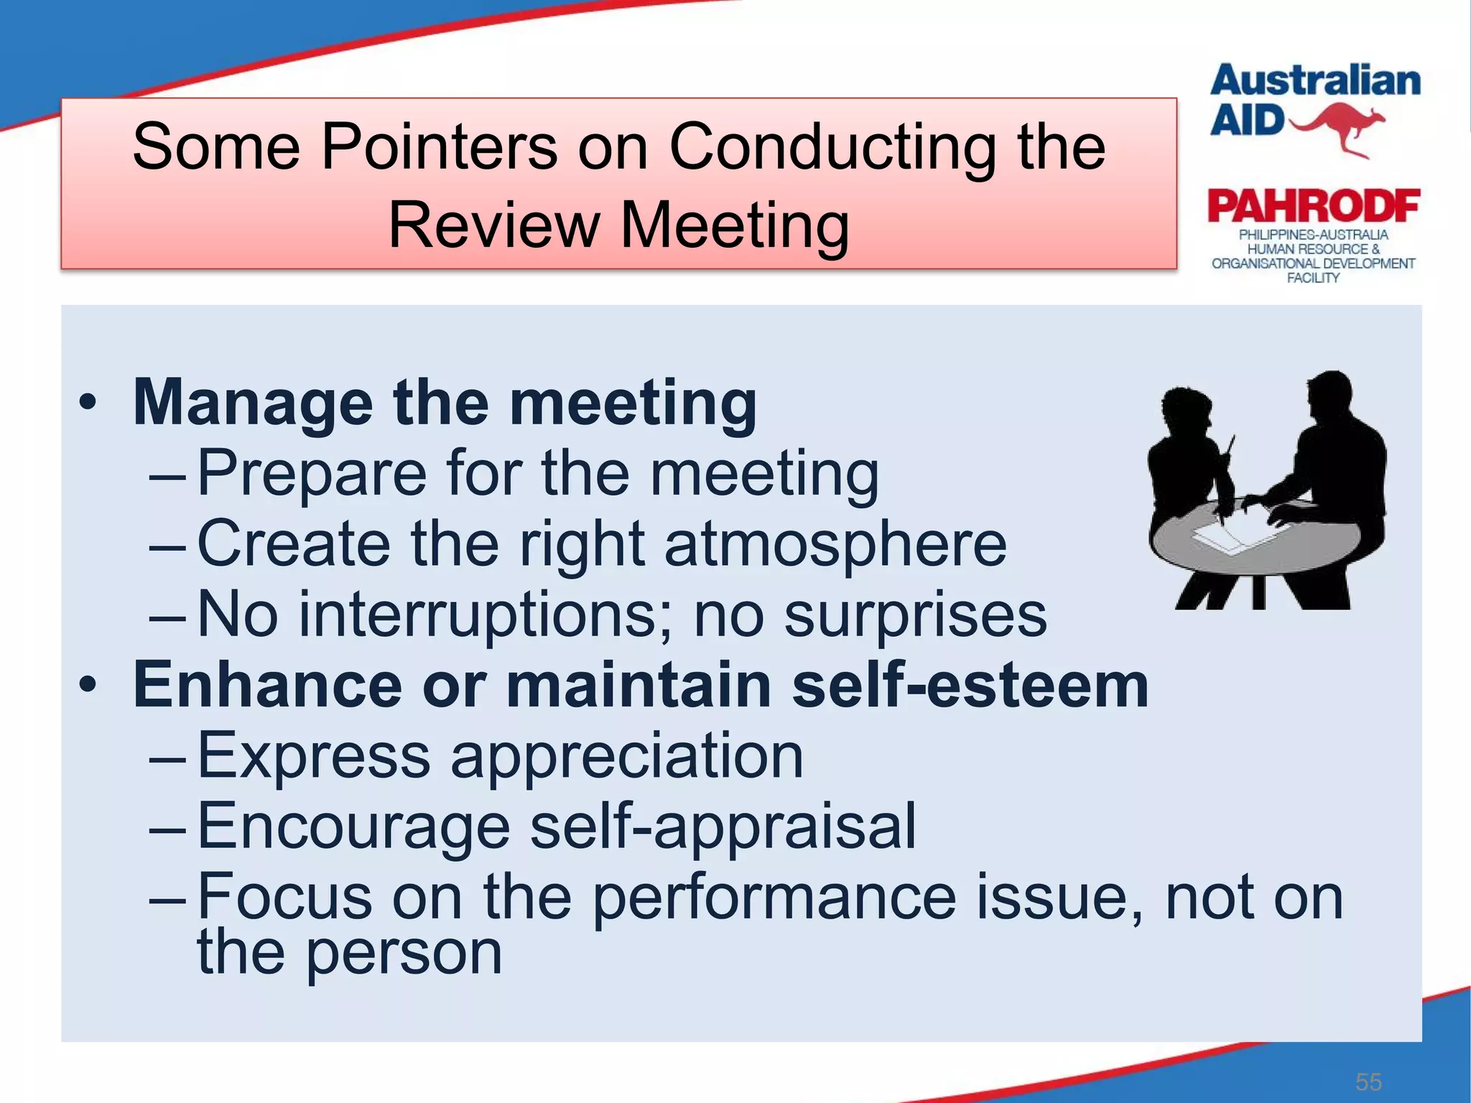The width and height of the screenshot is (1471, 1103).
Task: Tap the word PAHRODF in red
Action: coord(1313,208)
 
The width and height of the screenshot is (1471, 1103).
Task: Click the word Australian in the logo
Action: coord(1314,80)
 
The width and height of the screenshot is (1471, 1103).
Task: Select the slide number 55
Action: coord(1368,1081)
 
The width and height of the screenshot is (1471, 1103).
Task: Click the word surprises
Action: coord(915,615)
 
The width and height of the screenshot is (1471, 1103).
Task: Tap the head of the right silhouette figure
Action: coord(1330,395)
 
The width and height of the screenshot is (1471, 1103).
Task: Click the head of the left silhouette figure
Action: coord(1185,409)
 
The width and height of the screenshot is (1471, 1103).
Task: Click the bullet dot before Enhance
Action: coord(88,684)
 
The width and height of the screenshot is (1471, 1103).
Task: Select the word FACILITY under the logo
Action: coord(1312,279)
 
